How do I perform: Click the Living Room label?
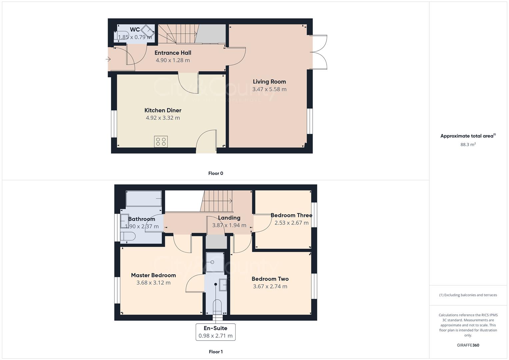[x=269, y=82]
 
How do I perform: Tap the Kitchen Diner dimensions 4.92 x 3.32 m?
[x=163, y=118]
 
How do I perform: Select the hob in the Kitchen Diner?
[x=161, y=142]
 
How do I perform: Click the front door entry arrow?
[x=108, y=59]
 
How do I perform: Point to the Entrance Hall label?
[x=173, y=53]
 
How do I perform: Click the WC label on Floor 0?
[x=135, y=30]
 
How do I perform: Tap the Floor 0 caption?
[x=216, y=173]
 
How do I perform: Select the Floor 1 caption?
[x=216, y=352]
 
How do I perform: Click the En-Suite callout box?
[x=215, y=332]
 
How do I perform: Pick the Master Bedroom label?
[x=153, y=275]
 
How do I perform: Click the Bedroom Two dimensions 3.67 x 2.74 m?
[x=270, y=286]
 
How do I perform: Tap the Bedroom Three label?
[x=291, y=215]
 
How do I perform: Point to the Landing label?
[x=229, y=218]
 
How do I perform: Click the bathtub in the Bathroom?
[x=144, y=199]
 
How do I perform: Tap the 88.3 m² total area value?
[x=468, y=145]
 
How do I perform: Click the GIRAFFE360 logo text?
[x=468, y=345]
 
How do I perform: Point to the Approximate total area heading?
[x=468, y=136]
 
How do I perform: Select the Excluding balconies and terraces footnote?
[x=468, y=295]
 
